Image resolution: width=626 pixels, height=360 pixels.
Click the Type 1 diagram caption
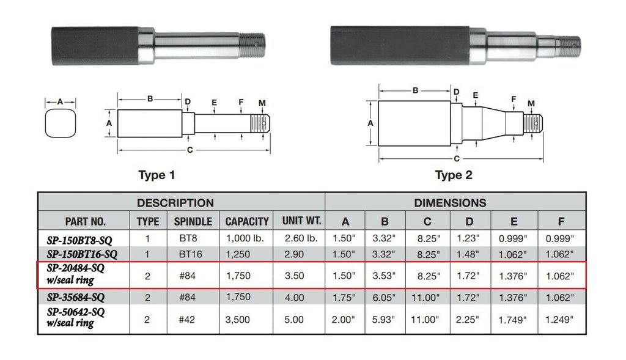156,175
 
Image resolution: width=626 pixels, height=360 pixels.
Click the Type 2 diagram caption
454,175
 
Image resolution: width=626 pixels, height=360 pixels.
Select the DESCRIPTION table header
175,203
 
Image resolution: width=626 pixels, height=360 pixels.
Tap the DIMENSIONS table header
450,203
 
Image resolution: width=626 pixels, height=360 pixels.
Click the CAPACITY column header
247,221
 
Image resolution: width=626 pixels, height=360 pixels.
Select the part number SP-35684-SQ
76,298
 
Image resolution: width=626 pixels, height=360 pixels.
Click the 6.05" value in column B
385,298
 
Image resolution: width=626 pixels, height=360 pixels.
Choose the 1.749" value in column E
514,319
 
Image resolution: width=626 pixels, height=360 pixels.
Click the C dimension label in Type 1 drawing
190,149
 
